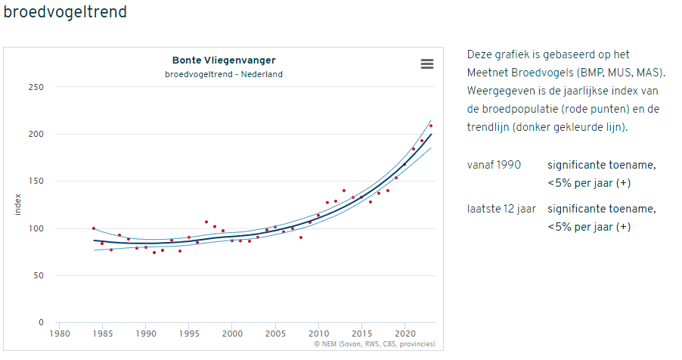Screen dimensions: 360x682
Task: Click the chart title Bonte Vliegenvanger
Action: (x=224, y=61)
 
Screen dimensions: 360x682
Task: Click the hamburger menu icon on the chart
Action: (x=427, y=64)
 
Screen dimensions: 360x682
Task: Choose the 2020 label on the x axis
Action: (x=405, y=333)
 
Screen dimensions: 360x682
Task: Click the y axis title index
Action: (x=18, y=204)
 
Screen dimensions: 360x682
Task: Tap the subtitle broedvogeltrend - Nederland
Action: (x=224, y=74)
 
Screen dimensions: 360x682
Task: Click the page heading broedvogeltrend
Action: (x=64, y=13)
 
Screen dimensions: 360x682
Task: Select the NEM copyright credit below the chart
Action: (x=374, y=344)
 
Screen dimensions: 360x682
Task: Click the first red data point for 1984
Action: (x=94, y=228)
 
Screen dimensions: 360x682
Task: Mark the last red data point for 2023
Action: (x=431, y=126)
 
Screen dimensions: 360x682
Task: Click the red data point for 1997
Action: (x=206, y=222)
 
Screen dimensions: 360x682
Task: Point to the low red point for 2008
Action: (x=301, y=237)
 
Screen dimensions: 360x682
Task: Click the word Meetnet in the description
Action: (x=488, y=73)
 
